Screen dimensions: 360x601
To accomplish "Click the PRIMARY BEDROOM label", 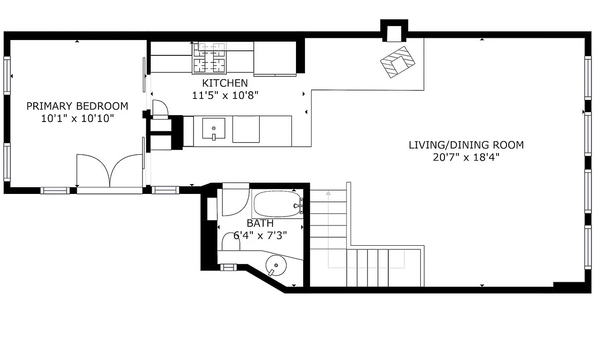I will tap(77, 106).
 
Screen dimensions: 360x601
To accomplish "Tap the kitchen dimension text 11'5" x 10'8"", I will tap(224, 95).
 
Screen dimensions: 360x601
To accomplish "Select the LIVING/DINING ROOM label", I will tap(466, 145).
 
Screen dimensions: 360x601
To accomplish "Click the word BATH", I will tap(260, 223).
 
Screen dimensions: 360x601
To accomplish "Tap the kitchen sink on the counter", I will tap(214, 129).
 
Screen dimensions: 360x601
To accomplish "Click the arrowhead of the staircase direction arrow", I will tap(328, 193).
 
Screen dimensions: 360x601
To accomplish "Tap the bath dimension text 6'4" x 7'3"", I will tap(260, 235).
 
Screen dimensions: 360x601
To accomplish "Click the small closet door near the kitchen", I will tap(160, 109).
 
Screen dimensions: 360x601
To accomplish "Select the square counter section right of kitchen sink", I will tap(246, 129).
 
